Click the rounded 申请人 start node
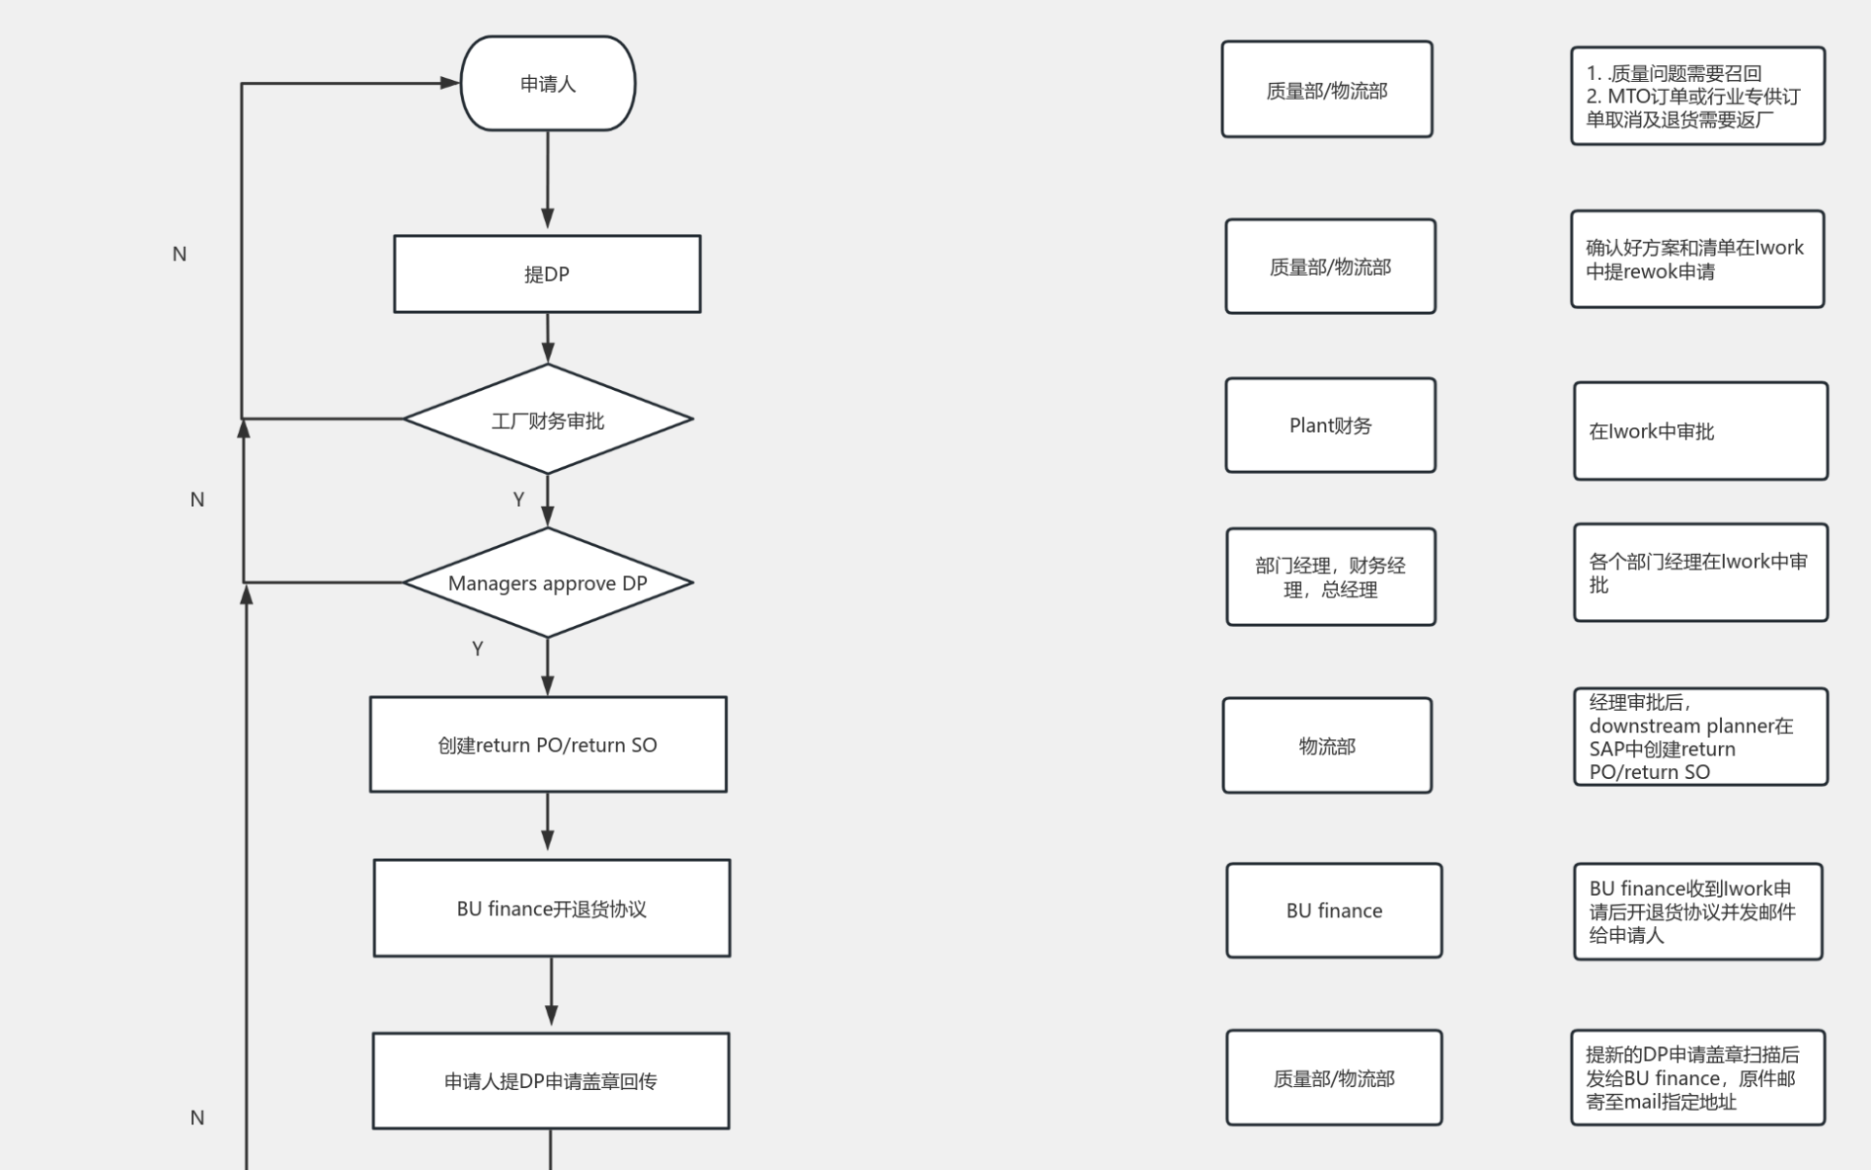pyautogui.click(x=548, y=84)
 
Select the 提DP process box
pyautogui.click(x=547, y=274)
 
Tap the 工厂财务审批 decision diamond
pyautogui.click(x=548, y=420)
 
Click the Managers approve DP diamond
pyautogui.click(x=548, y=583)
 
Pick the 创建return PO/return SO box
pyautogui.click(x=548, y=745)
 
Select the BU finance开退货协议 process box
pyautogui.click(x=552, y=909)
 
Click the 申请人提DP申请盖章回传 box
pyautogui.click(x=551, y=1080)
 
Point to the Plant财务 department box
pyautogui.click(x=1330, y=426)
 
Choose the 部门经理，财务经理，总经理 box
pyautogui.click(x=1330, y=577)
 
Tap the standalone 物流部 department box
pyautogui.click(x=1326, y=746)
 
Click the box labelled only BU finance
pyautogui.click(x=1333, y=911)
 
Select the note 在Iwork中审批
pyautogui.click(x=1700, y=431)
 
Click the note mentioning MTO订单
pyautogui.click(x=1698, y=97)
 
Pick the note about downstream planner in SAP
pyautogui.click(x=1700, y=737)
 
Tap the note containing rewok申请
pyautogui.click(x=1697, y=259)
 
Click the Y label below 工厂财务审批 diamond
pyautogui.click(x=518, y=499)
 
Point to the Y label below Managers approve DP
pyautogui.click(x=477, y=648)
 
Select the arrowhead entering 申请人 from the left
pyautogui.click(x=449, y=84)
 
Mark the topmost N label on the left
pyautogui.click(x=179, y=253)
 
